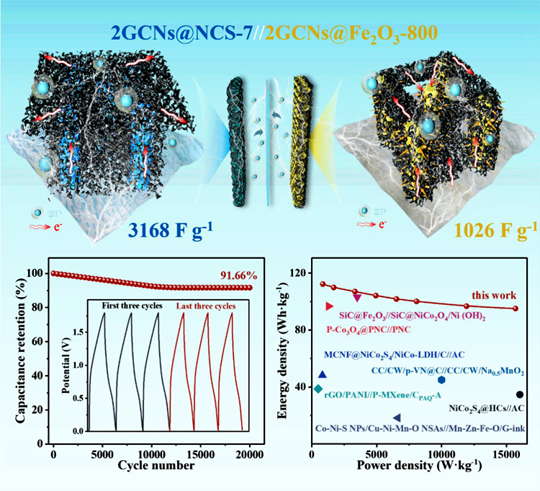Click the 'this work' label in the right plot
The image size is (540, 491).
pyautogui.click(x=492, y=295)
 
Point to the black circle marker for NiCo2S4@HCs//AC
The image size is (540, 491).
pyautogui.click(x=520, y=394)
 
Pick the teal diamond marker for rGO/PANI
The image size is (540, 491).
pyautogui.click(x=318, y=389)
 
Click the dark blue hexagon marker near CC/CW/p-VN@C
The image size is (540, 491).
pyautogui.click(x=441, y=380)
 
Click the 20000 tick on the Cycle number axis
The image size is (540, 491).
pyautogui.click(x=249, y=456)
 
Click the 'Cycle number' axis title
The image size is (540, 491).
pyautogui.click(x=152, y=467)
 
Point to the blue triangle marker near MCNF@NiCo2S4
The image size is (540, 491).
pyautogui.click(x=322, y=374)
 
